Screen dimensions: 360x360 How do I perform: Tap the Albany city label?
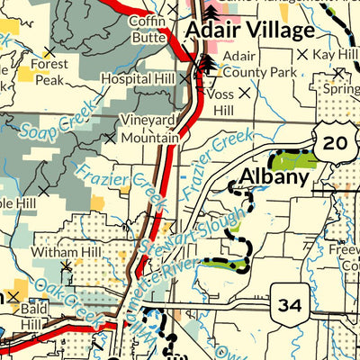point(273,177)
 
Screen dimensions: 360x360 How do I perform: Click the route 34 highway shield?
point(290,307)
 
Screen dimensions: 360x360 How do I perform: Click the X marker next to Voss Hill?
point(242,92)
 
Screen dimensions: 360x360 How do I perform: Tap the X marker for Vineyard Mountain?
point(110,139)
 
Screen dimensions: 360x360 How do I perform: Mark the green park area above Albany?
point(293,161)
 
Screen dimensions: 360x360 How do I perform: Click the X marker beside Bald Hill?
point(13,295)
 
